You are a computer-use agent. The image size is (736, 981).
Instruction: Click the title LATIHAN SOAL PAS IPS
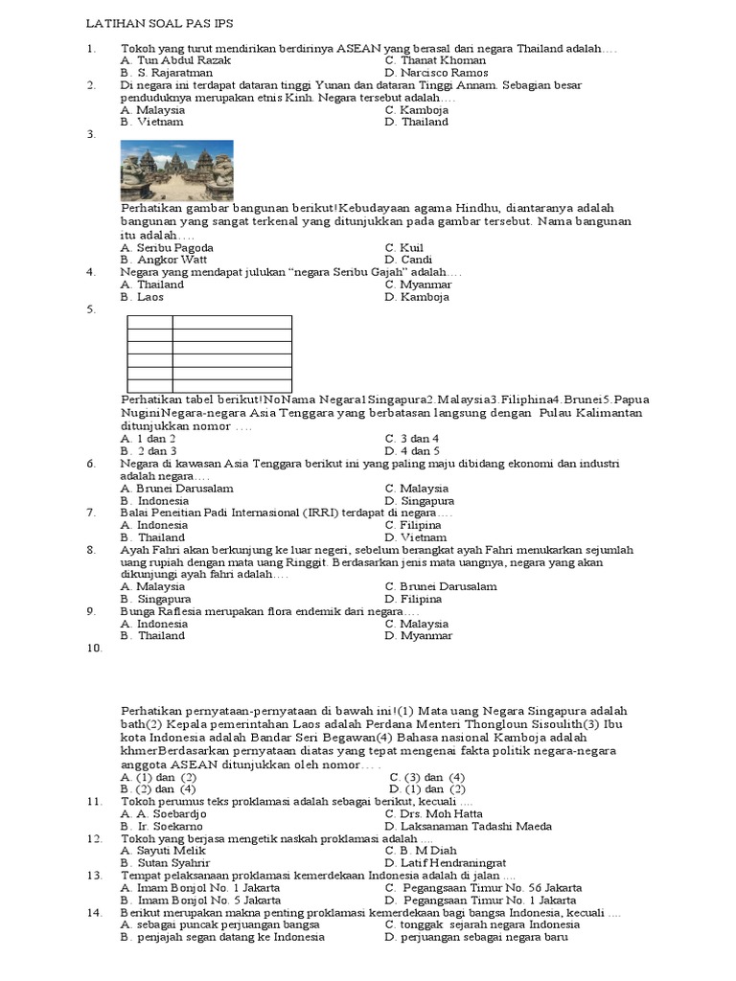tap(159, 22)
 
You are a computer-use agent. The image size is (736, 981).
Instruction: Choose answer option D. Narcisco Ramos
tap(436, 73)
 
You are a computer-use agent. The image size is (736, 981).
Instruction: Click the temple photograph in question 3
tap(177, 170)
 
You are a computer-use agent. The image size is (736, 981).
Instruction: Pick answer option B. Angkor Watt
tap(164, 260)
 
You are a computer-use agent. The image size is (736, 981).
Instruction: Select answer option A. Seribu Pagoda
tap(167, 247)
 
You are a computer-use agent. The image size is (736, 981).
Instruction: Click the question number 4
tap(90, 272)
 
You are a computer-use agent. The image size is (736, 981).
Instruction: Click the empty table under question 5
tap(210, 354)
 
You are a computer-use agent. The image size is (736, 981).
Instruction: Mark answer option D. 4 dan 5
tap(412, 450)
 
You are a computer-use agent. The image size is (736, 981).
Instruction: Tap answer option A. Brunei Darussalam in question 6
tap(177, 489)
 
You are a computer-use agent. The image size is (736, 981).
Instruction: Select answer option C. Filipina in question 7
tap(413, 525)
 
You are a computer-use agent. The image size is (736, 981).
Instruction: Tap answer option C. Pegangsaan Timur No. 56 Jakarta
tap(481, 887)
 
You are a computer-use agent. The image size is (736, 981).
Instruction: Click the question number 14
tap(94, 913)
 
